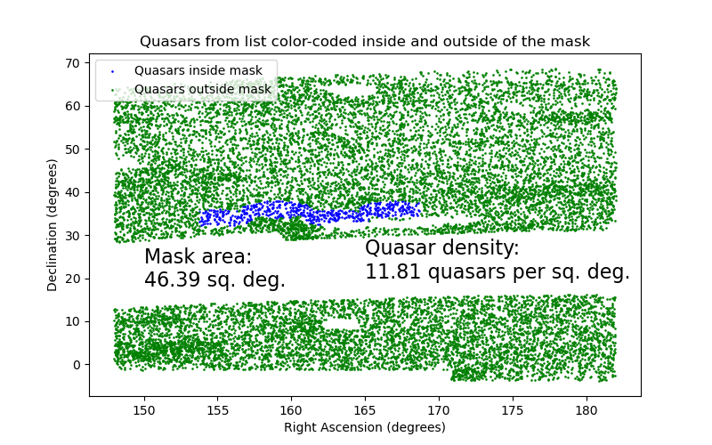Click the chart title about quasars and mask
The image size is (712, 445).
[364, 42]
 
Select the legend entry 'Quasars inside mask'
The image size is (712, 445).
[198, 70]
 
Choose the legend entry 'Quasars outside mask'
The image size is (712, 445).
[202, 89]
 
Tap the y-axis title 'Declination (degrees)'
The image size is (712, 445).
[53, 225]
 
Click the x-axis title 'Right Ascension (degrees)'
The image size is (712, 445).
[364, 427]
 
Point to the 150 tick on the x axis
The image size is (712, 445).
[144, 409]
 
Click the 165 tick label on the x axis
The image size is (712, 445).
[365, 409]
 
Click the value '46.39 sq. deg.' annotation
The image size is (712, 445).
[214, 279]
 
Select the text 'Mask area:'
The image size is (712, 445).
[198, 257]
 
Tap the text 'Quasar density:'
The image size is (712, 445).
[441, 248]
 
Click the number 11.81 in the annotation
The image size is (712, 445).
[392, 271]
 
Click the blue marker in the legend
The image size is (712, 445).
[111, 70]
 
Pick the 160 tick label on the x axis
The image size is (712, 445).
[291, 409]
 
